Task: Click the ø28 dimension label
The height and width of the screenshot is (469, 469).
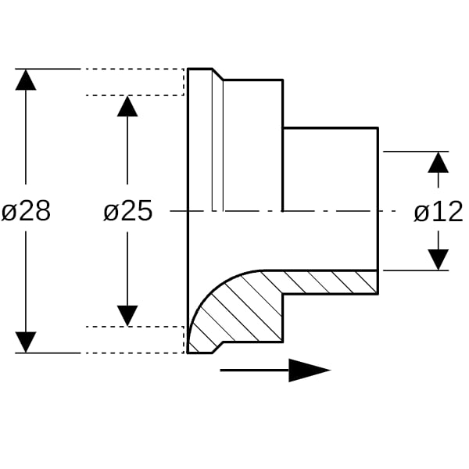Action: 26,211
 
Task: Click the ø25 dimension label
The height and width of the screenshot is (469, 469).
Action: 127,211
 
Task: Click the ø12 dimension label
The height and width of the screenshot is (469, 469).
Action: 439,212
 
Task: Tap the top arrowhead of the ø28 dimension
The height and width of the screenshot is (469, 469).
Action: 26,80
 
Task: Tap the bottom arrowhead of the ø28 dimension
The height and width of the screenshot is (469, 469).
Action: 26,342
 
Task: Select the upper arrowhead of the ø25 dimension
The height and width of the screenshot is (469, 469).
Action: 127,106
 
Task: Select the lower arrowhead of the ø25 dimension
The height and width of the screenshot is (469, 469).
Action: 127,316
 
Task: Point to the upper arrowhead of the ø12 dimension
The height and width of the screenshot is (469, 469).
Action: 439,163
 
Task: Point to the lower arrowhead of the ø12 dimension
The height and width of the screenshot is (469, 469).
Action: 439,260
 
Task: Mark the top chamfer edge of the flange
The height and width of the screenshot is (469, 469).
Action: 218,74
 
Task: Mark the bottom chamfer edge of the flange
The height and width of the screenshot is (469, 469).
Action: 218,347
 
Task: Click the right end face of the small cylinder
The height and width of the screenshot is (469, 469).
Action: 378,211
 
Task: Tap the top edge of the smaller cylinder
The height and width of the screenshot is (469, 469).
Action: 331,128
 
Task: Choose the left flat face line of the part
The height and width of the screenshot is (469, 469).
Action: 188,211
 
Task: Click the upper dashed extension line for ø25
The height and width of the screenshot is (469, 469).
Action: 135,95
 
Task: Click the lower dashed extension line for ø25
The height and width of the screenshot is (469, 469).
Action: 135,327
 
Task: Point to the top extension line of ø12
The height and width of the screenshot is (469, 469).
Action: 416,152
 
